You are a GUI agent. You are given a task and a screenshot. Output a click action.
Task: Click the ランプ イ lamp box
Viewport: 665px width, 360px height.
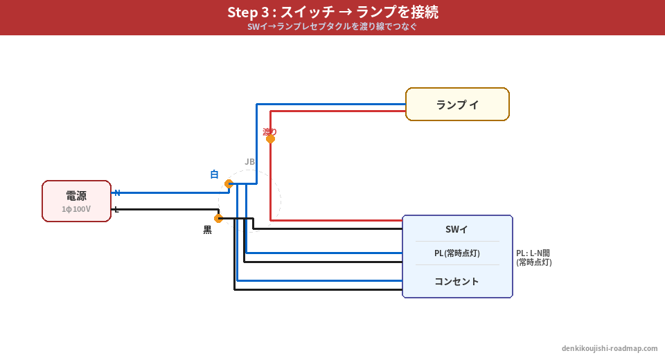[x=457, y=105]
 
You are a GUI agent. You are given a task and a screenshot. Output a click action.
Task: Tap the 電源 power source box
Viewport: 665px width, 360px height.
[x=76, y=201]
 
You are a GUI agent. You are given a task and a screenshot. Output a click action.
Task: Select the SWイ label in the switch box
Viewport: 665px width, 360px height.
[x=456, y=229]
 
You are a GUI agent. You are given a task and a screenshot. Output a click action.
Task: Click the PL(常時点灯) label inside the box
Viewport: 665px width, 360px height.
[x=456, y=253]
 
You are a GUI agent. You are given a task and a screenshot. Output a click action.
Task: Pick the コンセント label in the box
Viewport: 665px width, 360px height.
[x=456, y=281]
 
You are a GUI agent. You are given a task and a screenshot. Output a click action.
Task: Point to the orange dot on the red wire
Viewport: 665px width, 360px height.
[x=270, y=138]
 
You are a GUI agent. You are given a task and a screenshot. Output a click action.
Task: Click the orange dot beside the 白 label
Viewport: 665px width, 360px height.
[x=229, y=183]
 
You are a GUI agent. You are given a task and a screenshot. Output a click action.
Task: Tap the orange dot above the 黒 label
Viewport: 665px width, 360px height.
[x=218, y=218]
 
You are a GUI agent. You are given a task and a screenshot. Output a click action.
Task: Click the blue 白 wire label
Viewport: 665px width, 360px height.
[x=214, y=174]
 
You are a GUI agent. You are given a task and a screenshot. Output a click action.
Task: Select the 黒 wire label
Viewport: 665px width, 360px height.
[x=207, y=230]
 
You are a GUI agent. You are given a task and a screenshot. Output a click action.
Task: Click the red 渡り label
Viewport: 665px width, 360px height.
[x=269, y=131]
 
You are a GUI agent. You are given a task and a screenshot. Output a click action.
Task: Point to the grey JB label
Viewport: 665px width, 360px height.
[x=249, y=161]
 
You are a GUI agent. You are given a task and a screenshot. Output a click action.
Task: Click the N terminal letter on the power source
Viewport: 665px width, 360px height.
[x=117, y=192]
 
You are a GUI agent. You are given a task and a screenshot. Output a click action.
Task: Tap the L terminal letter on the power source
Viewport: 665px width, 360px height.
[x=116, y=209]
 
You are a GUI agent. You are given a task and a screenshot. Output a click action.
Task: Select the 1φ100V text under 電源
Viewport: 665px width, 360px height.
[x=76, y=208]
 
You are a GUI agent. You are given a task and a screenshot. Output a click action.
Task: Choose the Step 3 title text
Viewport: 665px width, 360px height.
[x=332, y=12]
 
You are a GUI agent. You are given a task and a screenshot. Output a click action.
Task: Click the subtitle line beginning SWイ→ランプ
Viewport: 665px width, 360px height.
[x=332, y=27]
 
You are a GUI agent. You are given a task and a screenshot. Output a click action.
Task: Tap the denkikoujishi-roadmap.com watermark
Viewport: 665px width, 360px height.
[x=610, y=348]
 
